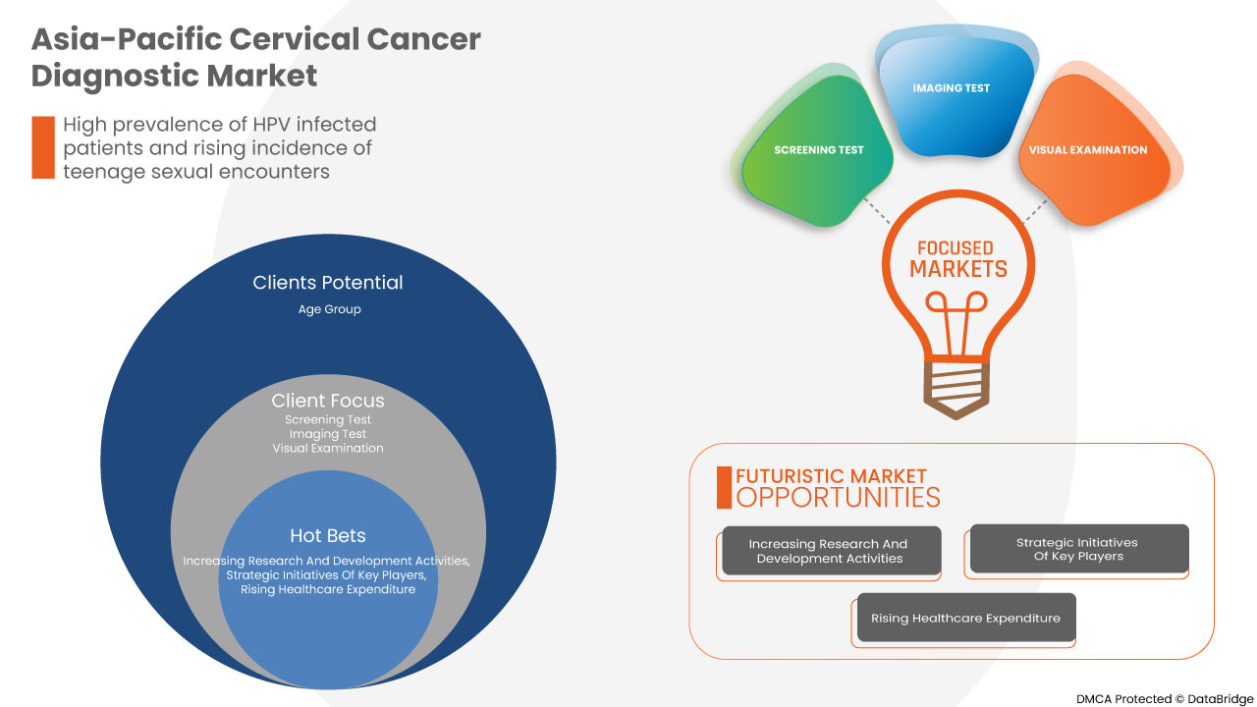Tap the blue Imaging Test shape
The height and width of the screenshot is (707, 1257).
pyautogui.click(x=951, y=98)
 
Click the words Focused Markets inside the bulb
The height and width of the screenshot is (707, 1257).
pyautogui.click(x=958, y=259)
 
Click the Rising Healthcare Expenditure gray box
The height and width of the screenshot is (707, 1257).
pyautogui.click(x=965, y=618)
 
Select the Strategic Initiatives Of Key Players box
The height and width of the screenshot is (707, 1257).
pyautogui.click(x=1077, y=549)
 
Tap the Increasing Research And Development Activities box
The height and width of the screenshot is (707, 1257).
pyautogui.click(x=830, y=551)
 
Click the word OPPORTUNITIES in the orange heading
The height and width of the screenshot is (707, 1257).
pyautogui.click(x=838, y=498)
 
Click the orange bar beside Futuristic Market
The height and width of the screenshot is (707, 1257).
pyautogui.click(x=724, y=487)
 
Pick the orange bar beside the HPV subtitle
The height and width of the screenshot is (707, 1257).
pyautogui.click(x=42, y=147)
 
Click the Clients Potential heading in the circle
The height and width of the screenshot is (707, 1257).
pyautogui.click(x=328, y=283)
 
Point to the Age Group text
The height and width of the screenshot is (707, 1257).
pyautogui.click(x=329, y=309)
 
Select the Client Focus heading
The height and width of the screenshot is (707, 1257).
pyautogui.click(x=328, y=401)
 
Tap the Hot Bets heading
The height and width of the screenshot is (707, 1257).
pyautogui.click(x=328, y=535)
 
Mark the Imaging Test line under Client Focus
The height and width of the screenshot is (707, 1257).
pyautogui.click(x=328, y=434)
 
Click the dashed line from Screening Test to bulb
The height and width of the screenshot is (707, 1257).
pyautogui.click(x=876, y=211)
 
